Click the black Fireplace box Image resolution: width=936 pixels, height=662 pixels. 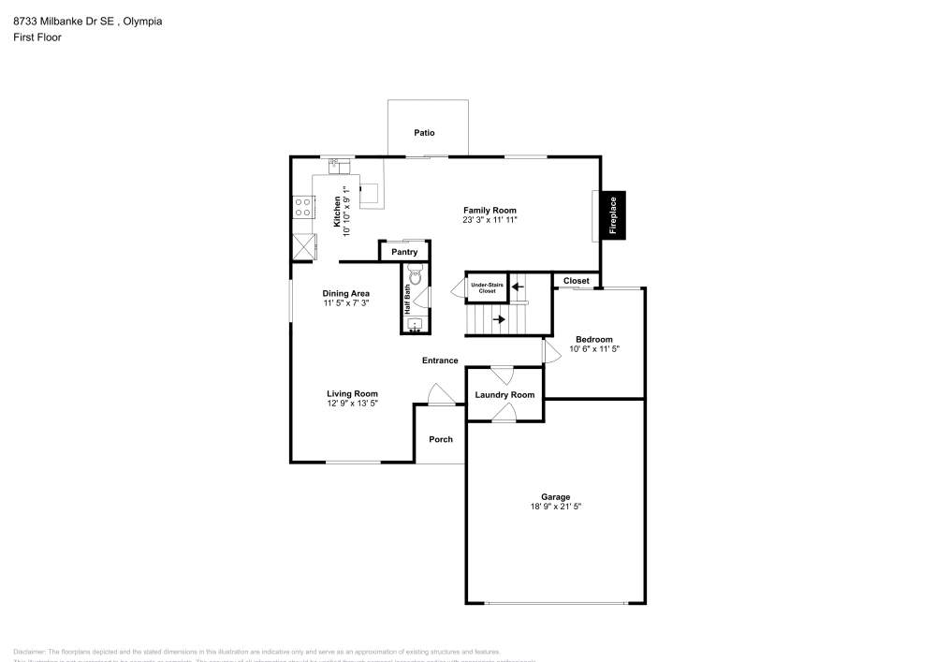coord(614,214)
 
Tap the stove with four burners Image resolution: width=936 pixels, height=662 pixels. coord(302,207)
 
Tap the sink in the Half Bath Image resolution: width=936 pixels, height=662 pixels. coord(416,325)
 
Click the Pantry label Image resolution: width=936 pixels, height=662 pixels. coord(404,252)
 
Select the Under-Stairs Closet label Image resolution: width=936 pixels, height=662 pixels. coord(487,287)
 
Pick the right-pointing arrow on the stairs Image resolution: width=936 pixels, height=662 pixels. coord(500,319)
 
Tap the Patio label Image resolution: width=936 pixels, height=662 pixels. coord(425,133)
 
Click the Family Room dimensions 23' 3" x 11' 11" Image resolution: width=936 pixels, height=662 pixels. coord(490,220)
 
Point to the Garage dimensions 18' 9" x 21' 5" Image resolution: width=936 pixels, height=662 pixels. coord(555,507)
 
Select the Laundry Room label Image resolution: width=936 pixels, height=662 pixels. coord(505,395)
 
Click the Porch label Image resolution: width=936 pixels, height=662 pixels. coord(441,439)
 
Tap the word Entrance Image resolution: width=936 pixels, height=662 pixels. coord(440,360)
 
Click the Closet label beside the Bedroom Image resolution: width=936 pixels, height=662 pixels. coord(577,281)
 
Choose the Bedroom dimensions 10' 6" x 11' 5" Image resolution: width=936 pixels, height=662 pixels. coord(594,348)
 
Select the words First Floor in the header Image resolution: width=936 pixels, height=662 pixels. coord(37,37)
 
